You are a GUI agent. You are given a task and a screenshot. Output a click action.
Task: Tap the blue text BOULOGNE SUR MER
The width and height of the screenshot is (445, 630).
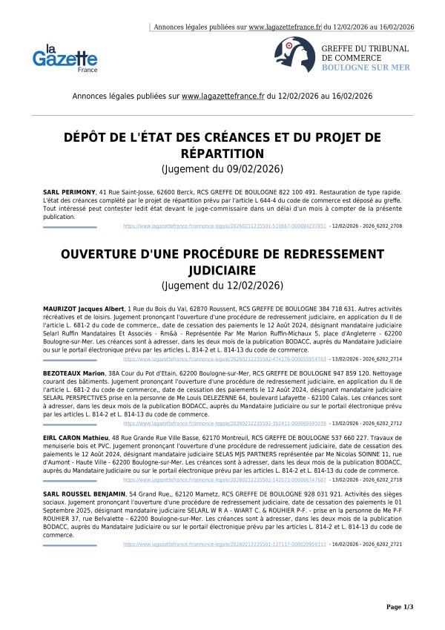coord(365,68)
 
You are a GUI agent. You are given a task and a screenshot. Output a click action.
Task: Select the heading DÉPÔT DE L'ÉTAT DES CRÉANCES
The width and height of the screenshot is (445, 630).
coord(222,145)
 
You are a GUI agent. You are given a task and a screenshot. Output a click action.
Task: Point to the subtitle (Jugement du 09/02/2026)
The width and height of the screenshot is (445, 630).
coord(222,170)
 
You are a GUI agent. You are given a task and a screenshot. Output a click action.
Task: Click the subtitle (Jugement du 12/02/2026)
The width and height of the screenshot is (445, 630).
coord(222,286)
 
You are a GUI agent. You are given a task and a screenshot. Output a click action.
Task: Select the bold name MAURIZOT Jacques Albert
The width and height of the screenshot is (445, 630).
coord(84,308)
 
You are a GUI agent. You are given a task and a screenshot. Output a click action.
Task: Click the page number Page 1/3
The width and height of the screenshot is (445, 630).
coord(399,607)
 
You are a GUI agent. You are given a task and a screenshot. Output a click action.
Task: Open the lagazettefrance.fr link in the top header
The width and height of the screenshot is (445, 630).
coord(284,27)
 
